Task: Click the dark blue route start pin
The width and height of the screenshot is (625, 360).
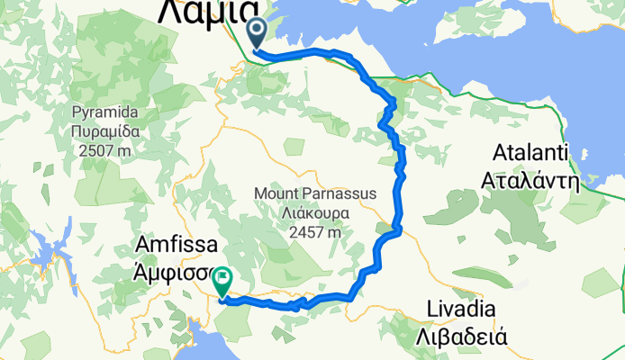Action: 257,34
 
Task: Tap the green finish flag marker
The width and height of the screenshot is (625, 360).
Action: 222,282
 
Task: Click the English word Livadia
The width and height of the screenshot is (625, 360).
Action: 463,310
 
